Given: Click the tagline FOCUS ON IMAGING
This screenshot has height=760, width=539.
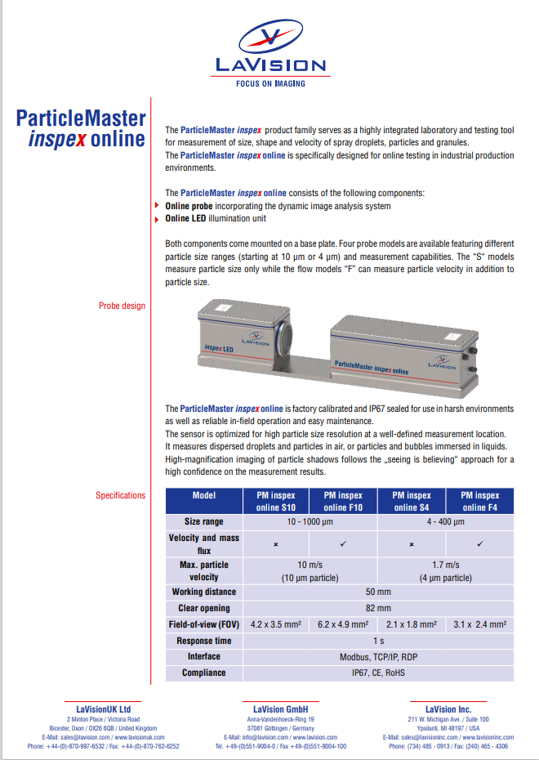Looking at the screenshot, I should click(270, 83).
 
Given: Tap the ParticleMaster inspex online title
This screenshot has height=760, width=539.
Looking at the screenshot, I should click(81, 128).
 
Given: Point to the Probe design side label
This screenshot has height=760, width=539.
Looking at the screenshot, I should click(122, 306).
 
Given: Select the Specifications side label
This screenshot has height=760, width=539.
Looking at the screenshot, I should click(120, 495).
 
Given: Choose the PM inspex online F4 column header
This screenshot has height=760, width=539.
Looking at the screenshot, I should click(479, 501).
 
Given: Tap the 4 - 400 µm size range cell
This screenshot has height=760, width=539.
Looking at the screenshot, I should click(446, 521).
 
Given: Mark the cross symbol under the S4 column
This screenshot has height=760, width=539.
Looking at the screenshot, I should click(412, 544).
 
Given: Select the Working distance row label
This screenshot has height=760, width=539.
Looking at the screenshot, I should click(204, 592).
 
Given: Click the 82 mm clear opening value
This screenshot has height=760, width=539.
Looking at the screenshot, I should click(378, 608).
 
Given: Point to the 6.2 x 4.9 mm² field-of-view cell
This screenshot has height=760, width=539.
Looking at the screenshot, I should click(344, 624).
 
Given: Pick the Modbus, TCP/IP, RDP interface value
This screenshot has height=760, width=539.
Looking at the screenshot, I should click(378, 656).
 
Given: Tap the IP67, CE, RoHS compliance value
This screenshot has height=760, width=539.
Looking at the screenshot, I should click(378, 673).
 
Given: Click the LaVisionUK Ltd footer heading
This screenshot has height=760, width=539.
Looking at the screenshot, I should click(103, 709).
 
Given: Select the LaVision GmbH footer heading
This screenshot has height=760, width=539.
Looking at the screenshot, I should click(280, 709).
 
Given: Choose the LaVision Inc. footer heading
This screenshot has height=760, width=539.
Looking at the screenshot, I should click(448, 709).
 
